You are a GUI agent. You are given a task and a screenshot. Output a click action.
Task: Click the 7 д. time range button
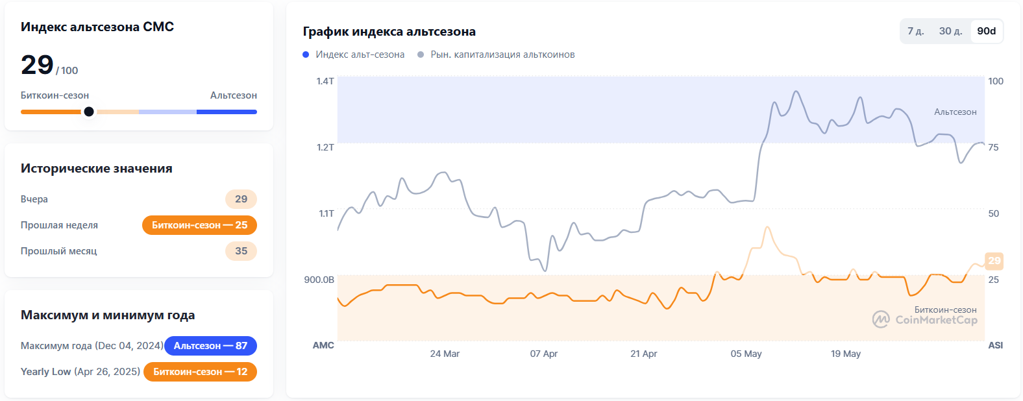(915, 31)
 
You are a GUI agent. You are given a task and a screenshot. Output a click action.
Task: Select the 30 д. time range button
(950, 31)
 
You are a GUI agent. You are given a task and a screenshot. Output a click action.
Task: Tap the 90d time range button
(986, 31)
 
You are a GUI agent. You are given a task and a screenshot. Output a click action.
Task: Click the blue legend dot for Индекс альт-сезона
(306, 55)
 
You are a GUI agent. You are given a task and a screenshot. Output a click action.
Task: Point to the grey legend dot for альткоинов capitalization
(421, 55)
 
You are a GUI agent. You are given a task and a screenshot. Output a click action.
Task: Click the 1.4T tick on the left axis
(325, 81)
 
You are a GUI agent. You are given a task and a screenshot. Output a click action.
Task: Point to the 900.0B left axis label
(319, 280)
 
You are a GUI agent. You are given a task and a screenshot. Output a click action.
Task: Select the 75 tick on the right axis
(993, 147)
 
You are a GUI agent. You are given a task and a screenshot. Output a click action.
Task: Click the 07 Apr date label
(543, 354)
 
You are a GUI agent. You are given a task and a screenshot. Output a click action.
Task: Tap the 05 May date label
(746, 354)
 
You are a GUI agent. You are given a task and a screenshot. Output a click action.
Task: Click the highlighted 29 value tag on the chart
(994, 261)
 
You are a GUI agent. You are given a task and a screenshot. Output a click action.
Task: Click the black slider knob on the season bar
(89, 112)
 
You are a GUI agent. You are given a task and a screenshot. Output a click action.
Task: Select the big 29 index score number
(37, 65)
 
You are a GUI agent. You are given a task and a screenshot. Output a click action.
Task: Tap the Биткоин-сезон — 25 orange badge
(199, 225)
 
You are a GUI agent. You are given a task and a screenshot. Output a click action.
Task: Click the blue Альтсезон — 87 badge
(210, 346)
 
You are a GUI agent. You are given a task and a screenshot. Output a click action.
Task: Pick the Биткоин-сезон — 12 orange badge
(200, 372)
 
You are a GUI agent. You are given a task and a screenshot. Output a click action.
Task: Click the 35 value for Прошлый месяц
(241, 251)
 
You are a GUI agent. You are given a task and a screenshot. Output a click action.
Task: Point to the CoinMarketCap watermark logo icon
(880, 319)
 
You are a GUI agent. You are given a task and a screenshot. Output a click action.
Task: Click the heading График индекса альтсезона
(389, 32)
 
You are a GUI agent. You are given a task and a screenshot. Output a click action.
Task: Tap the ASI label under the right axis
(995, 345)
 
